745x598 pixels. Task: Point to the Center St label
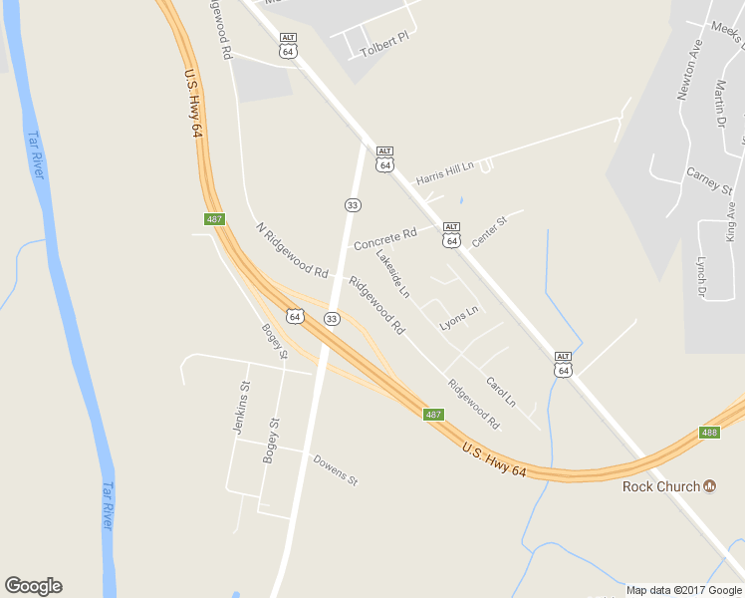489,232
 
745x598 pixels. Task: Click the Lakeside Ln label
392,273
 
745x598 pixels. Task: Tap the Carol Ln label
500,391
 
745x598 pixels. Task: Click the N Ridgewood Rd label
292,250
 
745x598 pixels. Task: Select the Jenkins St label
241,407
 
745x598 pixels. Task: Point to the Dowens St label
335,469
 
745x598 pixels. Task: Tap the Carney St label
709,180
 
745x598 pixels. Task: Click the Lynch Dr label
701,276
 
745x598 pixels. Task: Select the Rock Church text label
660,486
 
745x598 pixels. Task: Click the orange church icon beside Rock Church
710,486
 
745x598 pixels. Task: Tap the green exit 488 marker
709,433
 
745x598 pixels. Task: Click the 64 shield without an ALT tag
294,316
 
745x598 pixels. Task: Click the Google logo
33,586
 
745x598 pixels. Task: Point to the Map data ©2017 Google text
684,590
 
